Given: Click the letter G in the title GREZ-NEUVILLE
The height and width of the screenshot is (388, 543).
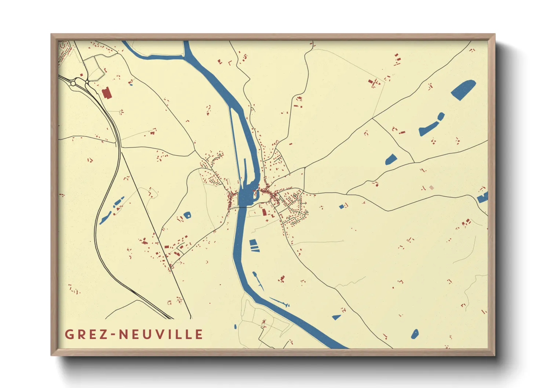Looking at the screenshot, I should pyautogui.click(x=69, y=334).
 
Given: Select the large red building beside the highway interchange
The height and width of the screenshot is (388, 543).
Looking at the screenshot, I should pyautogui.click(x=106, y=93).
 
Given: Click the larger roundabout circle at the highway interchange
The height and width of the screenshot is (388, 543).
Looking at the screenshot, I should pyautogui.click(x=73, y=84).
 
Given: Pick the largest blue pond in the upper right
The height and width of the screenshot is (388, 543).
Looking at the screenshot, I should pyautogui.click(x=463, y=89).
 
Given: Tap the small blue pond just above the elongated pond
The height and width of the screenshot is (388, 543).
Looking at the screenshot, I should pyautogui.click(x=441, y=117).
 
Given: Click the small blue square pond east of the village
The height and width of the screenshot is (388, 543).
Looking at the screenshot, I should pyautogui.click(x=342, y=207).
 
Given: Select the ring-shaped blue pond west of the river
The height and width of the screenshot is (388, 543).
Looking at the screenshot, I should pyautogui.click(x=187, y=215).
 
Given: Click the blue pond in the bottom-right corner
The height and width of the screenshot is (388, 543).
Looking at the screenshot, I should pyautogui.click(x=415, y=334).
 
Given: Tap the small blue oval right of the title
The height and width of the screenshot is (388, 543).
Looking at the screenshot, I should pyautogui.click(x=235, y=326).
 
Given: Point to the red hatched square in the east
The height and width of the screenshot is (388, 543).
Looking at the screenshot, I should pyautogui.click(x=431, y=187).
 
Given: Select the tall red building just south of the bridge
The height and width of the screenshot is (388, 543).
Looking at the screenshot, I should pyautogui.click(x=264, y=212).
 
